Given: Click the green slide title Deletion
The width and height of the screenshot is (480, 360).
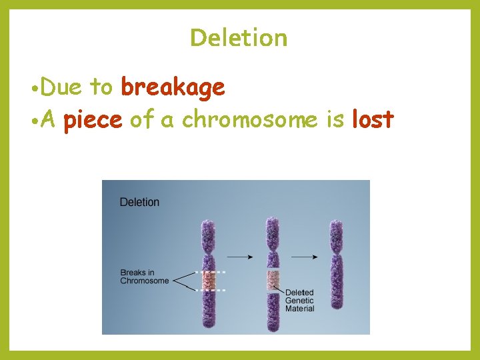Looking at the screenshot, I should [x=239, y=37].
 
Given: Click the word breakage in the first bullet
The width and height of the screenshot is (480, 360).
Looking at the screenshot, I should [x=173, y=87].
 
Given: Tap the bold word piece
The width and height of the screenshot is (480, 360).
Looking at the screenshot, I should [x=93, y=120].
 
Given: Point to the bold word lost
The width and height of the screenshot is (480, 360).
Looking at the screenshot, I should [x=373, y=119].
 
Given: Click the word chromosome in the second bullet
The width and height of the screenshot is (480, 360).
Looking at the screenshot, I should [x=250, y=120].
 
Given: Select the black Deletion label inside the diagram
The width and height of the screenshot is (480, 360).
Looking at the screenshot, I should [x=139, y=202].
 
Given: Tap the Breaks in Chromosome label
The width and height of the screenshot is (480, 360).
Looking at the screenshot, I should [x=144, y=277].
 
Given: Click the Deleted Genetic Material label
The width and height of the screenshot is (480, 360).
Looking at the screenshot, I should [x=299, y=301].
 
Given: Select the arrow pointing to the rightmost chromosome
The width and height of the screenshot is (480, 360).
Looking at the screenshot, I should [x=305, y=256].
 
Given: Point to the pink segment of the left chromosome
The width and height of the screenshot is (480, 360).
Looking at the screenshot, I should [x=211, y=281].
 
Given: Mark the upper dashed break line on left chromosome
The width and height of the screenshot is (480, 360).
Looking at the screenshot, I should [x=211, y=272].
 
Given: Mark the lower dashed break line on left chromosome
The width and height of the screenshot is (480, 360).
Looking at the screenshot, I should [x=211, y=291].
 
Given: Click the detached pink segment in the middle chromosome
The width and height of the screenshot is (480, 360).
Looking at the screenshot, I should [x=273, y=281].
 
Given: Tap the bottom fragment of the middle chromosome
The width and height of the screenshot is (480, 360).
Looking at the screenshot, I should [x=273, y=313].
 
